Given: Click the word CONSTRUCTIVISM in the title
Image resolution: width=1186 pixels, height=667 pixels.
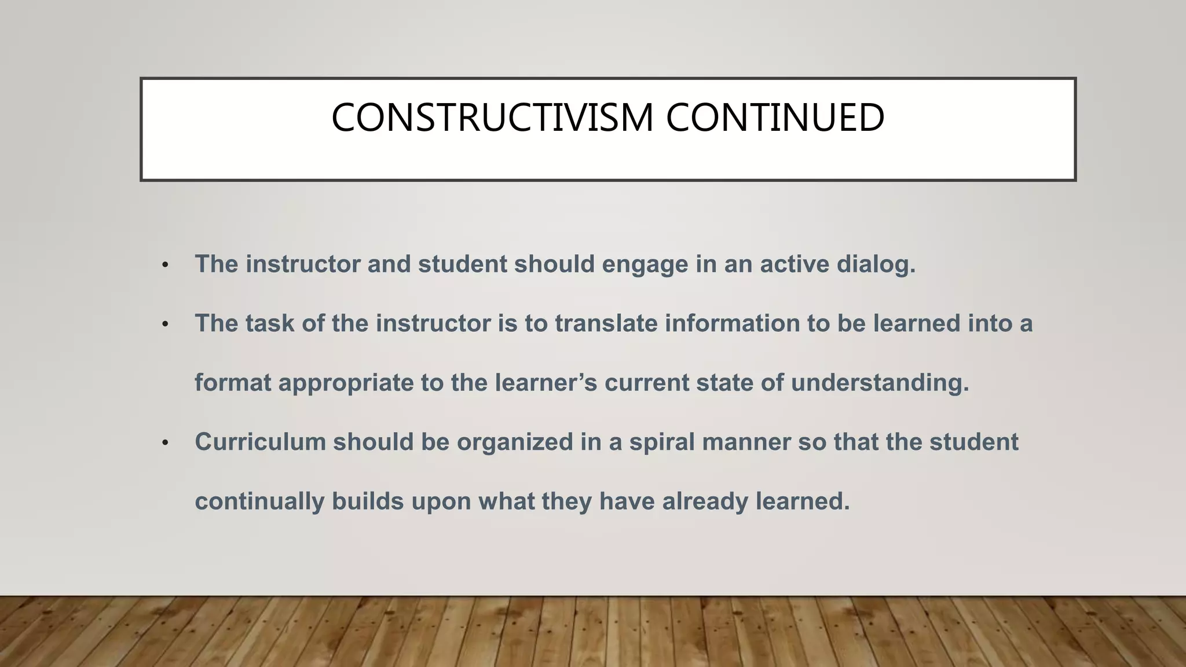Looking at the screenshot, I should (493, 118).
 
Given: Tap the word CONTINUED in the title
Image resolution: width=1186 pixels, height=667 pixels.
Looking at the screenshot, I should (775, 118).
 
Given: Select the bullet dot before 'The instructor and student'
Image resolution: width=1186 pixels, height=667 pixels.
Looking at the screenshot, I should (165, 266).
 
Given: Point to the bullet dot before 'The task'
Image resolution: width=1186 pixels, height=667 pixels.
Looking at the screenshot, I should (165, 325).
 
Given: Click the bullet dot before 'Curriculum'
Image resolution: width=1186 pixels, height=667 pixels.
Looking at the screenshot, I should (165, 444).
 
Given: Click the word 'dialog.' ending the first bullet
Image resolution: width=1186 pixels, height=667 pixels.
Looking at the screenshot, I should (876, 265).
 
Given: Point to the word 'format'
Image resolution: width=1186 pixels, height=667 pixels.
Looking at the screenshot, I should (232, 383).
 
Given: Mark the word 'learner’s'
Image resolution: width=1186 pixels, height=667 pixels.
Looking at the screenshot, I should (546, 383).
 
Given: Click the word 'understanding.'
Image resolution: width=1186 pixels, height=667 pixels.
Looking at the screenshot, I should (880, 383).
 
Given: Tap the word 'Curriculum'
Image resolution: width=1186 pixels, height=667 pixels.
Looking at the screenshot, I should (259, 442).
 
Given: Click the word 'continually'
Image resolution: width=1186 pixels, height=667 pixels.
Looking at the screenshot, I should (259, 501).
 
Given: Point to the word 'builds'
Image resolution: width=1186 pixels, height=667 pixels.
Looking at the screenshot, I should (367, 501).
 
